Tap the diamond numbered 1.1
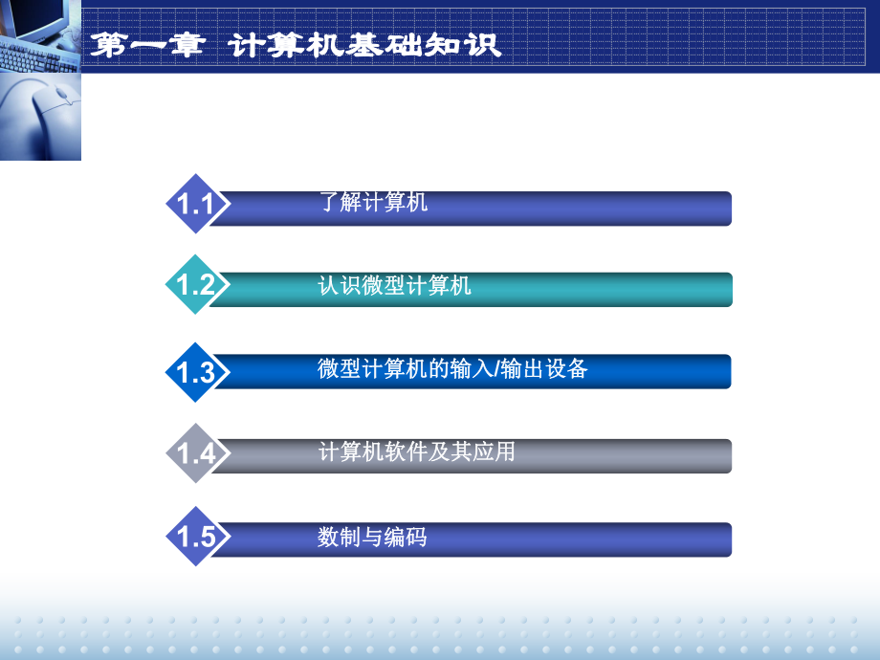tap(195, 204)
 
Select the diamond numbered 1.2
tap(195, 285)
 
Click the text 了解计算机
tap(373, 203)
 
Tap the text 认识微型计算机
tap(394, 285)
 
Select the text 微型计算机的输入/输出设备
tap(451, 368)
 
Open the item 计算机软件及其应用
tap(416, 451)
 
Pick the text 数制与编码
tap(372, 538)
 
